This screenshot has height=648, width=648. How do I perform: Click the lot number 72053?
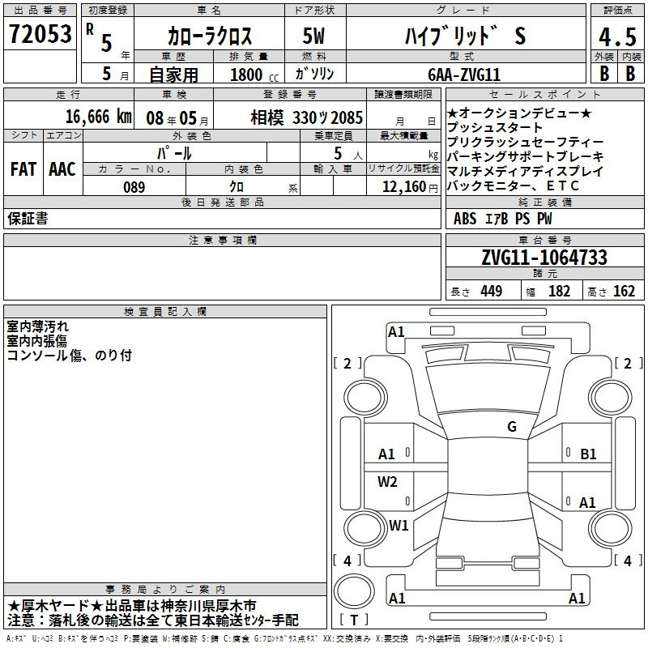[x=40, y=33]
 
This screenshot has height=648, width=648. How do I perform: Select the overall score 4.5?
[x=617, y=36]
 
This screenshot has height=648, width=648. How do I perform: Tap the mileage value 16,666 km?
[x=98, y=117]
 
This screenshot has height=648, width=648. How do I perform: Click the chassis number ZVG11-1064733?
[x=544, y=258]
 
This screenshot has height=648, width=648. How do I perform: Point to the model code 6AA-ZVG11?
[x=464, y=75]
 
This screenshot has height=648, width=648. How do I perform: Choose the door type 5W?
[x=313, y=36]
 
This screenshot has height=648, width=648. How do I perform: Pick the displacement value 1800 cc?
[x=254, y=75]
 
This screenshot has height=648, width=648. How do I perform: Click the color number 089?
[x=134, y=187]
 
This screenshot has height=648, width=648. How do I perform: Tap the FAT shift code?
[x=23, y=169]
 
